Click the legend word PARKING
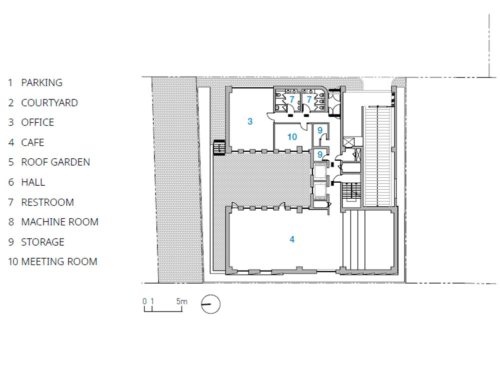click(42, 83)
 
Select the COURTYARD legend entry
click(49, 103)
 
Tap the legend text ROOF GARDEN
click(55, 162)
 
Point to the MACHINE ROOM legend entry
click(59, 222)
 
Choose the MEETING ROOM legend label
click(59, 262)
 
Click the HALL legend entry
click(33, 182)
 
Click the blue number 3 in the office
click(250, 121)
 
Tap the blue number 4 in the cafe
click(292, 240)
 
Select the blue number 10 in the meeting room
click(292, 137)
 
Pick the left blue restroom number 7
click(291, 99)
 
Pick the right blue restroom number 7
click(308, 99)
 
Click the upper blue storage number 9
click(320, 130)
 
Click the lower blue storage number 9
click(320, 155)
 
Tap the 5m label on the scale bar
click(182, 301)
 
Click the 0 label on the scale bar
click(145, 301)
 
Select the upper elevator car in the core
click(320, 172)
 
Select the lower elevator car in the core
click(320, 191)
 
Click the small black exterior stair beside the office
click(219, 147)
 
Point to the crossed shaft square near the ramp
click(348, 142)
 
